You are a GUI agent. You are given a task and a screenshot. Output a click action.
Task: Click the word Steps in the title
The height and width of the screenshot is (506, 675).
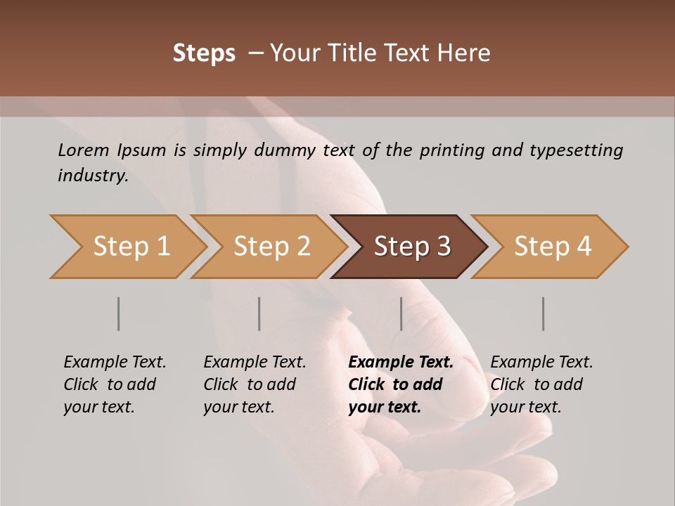pyautogui.click(x=204, y=53)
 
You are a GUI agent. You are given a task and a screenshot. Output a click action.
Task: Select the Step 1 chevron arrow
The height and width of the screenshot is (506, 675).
pyautogui.click(x=131, y=247)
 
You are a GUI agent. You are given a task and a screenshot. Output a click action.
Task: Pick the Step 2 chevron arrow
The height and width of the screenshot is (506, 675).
pyautogui.click(x=271, y=247)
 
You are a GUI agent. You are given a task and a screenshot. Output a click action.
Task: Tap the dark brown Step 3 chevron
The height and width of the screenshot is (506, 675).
pyautogui.click(x=411, y=247)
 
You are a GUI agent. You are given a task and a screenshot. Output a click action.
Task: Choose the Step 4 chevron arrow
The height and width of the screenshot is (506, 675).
pyautogui.click(x=552, y=247)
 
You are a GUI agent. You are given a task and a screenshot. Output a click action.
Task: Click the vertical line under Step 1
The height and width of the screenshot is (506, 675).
pyautogui.click(x=119, y=313)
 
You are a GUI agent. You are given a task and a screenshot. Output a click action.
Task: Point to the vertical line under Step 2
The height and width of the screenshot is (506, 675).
pyautogui.click(x=259, y=313)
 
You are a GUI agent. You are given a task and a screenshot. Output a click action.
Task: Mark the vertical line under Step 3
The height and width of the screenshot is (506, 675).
pyautogui.click(x=401, y=313)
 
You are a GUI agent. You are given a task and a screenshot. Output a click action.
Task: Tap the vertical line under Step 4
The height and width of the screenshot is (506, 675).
pyautogui.click(x=544, y=313)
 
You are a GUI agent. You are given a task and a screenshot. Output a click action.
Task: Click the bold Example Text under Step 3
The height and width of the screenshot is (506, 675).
pyautogui.click(x=401, y=363)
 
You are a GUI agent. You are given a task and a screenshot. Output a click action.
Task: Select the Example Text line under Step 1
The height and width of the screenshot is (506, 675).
pyautogui.click(x=115, y=363)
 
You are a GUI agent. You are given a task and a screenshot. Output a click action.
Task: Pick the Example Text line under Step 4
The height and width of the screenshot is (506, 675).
pyautogui.click(x=541, y=363)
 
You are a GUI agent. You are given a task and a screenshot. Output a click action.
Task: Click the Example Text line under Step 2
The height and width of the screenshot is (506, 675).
pyautogui.click(x=255, y=363)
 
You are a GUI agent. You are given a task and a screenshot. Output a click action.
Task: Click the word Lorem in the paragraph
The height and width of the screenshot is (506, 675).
pyautogui.click(x=83, y=150)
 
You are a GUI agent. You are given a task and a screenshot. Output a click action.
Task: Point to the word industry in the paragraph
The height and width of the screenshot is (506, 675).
pyautogui.click(x=92, y=176)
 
